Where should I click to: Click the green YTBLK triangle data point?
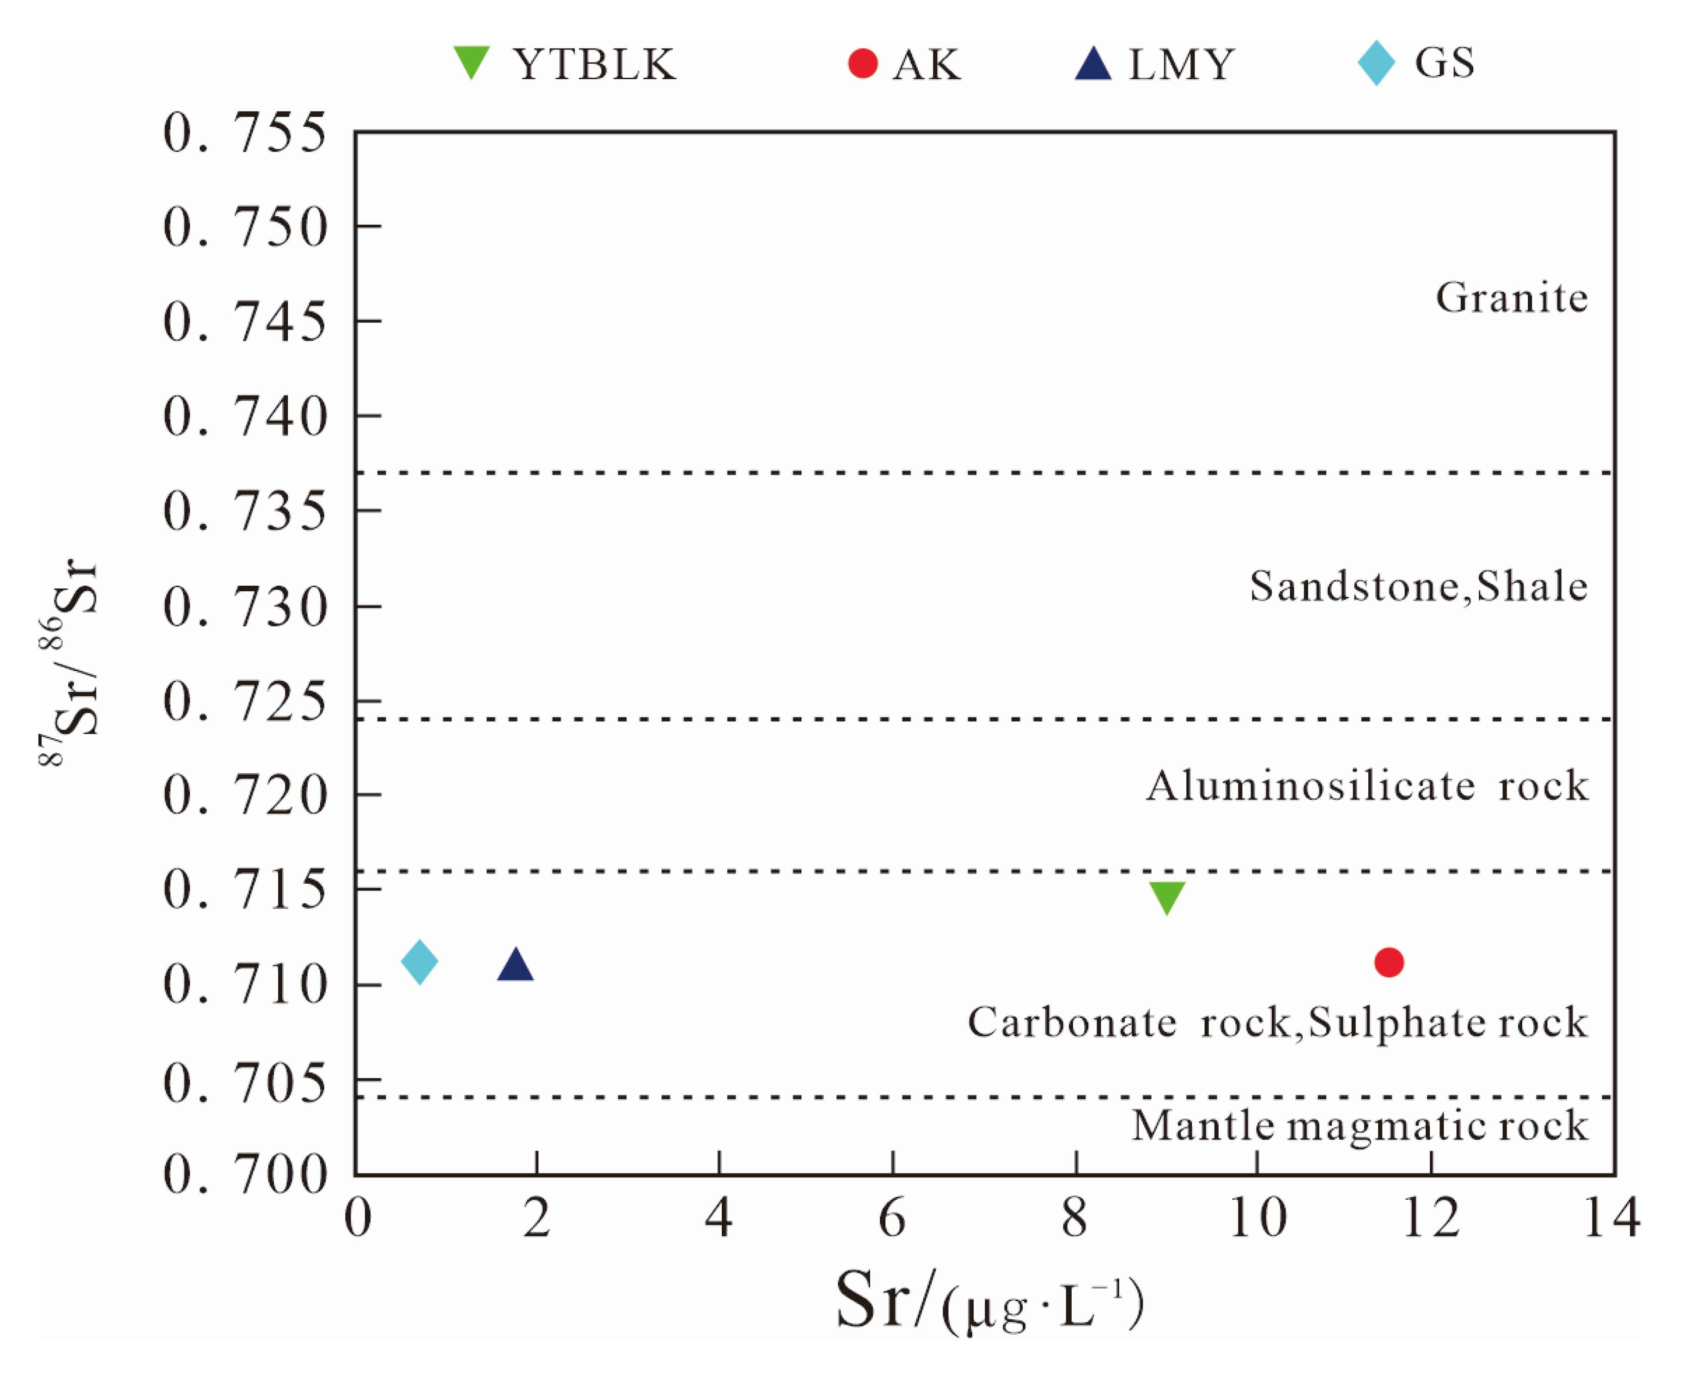coord(1166,896)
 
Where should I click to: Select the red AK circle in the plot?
coord(1389,962)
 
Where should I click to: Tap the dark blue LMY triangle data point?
coord(515,966)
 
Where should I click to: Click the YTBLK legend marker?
coord(472,62)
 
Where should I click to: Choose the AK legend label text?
coord(927,64)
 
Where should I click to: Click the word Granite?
coord(1512,298)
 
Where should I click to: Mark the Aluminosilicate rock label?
coord(1367,786)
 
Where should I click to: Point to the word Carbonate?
coord(1072,1023)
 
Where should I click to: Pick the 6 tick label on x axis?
coord(892,1218)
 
